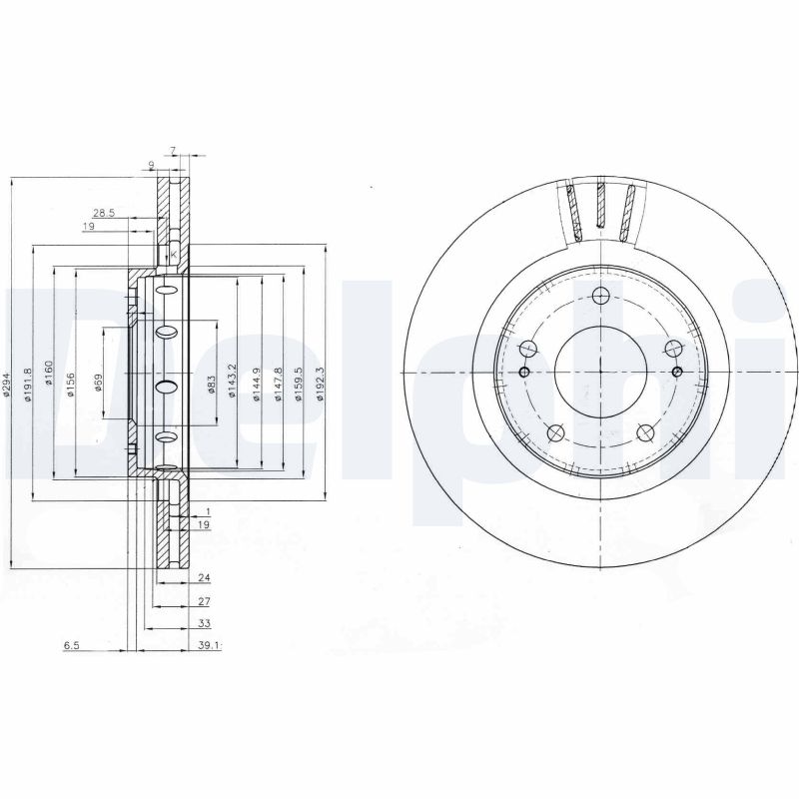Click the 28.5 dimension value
pos(104,213)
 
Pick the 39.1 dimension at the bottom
pos(209,646)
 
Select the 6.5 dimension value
pos(71,646)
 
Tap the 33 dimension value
pos(204,622)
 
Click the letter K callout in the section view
pos(173,255)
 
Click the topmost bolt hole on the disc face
pos(600,296)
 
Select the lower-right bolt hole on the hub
pos(645,432)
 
